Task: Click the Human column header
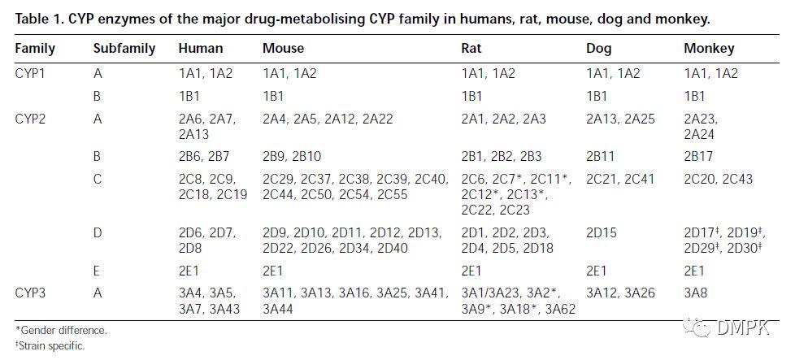[198, 48]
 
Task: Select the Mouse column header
[283, 48]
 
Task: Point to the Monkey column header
[709, 48]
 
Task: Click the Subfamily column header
[124, 48]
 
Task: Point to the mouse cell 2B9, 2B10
[292, 156]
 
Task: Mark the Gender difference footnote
[62, 331]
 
